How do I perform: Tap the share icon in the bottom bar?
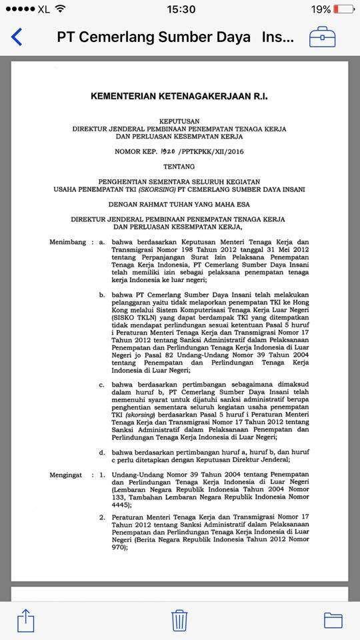[25, 620]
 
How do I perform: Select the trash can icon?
[179, 619]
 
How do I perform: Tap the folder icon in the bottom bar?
[333, 620]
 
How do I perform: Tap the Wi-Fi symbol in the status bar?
[61, 9]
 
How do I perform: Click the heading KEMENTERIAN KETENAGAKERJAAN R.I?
[179, 96]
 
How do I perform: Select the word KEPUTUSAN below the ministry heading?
[179, 119]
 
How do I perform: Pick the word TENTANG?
[179, 166]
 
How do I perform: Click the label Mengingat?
[65, 475]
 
